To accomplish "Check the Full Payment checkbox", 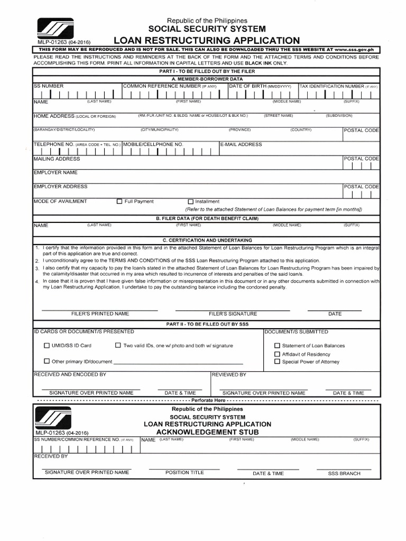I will tap(119, 201).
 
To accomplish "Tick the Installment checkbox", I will tap(191, 201).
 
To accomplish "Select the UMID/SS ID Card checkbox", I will tap(47, 346).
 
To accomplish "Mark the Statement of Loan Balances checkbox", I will tap(276, 346).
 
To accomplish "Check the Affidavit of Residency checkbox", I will tap(276, 354).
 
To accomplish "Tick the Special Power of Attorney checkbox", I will tap(276, 362).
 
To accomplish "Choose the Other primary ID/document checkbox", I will tap(47, 361).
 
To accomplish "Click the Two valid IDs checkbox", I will tap(118, 346).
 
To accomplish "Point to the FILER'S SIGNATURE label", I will tap(233, 314).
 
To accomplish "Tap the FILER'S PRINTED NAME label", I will tap(100, 314).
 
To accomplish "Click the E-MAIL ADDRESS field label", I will tap(241, 144).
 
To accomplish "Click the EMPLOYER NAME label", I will tap(56, 172).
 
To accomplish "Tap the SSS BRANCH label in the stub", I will tap(344, 474).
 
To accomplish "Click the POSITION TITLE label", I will tap(184, 473).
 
